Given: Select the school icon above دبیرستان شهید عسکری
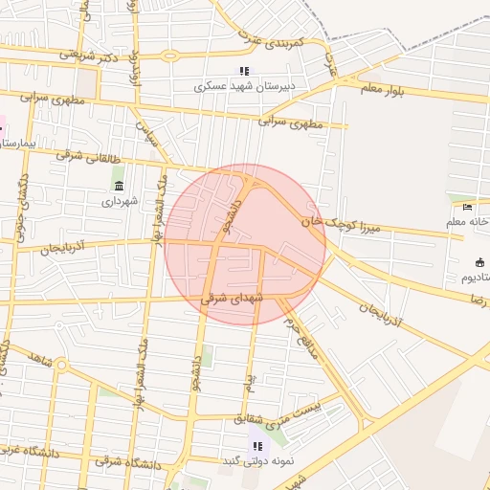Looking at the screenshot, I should pyautogui.click(x=244, y=72).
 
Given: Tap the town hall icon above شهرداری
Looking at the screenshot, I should pyautogui.click(x=119, y=186).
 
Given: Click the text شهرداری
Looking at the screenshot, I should pyautogui.click(x=120, y=201).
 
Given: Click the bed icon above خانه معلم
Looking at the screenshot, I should pyautogui.click(x=467, y=207).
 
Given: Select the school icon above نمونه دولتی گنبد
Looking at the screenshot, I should pyautogui.click(x=256, y=445).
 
